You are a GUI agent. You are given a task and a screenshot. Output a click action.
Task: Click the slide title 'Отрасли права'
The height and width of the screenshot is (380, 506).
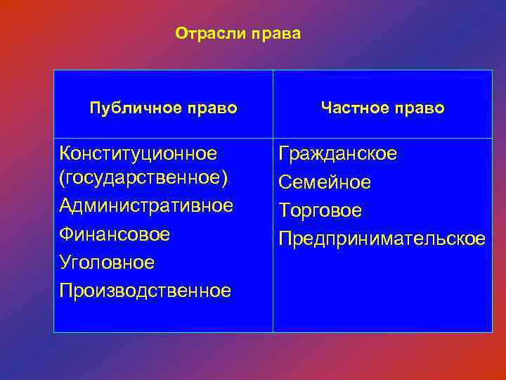(238, 34)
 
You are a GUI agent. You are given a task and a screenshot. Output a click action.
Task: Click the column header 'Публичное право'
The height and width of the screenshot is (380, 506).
(163, 108)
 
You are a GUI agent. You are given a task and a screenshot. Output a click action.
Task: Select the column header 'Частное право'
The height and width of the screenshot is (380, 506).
(382, 108)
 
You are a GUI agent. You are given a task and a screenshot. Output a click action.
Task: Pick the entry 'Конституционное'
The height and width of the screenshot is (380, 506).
(138, 153)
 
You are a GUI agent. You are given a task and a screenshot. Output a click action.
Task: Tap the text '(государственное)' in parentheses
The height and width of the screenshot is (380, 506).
(144, 179)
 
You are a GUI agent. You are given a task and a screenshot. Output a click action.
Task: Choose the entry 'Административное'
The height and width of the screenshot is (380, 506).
(146, 206)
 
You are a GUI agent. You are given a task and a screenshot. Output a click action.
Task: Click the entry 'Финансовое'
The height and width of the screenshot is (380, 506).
(115, 234)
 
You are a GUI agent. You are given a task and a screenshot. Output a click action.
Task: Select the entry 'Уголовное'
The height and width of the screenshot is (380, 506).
(107, 262)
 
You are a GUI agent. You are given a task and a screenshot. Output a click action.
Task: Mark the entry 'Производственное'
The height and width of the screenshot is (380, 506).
(145, 290)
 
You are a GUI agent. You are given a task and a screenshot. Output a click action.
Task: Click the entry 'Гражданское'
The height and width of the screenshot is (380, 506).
(337, 153)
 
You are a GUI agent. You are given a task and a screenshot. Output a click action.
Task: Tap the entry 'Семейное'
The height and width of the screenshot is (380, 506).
(324, 182)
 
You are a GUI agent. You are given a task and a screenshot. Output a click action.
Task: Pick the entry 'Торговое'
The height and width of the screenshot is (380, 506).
(320, 210)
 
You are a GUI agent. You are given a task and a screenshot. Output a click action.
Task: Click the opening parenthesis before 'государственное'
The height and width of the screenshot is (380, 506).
(63, 179)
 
